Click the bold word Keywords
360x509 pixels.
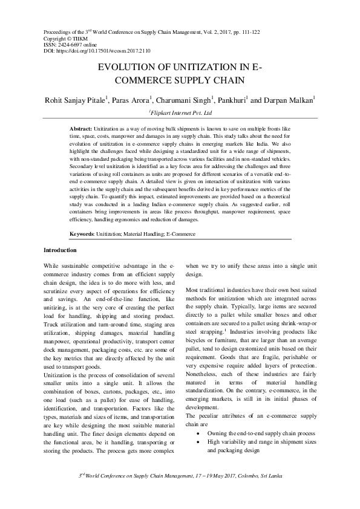(x=83, y=233)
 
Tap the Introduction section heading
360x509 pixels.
(x=60, y=250)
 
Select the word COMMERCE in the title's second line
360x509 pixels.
(x=151, y=80)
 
